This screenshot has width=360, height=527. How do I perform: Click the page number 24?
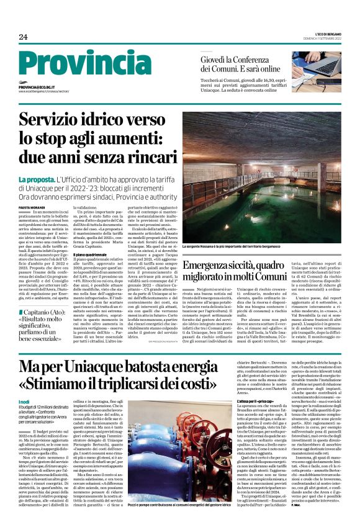pyautogui.click(x=23, y=37)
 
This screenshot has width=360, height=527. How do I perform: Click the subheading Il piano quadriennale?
pyautogui.click(x=91, y=254)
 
